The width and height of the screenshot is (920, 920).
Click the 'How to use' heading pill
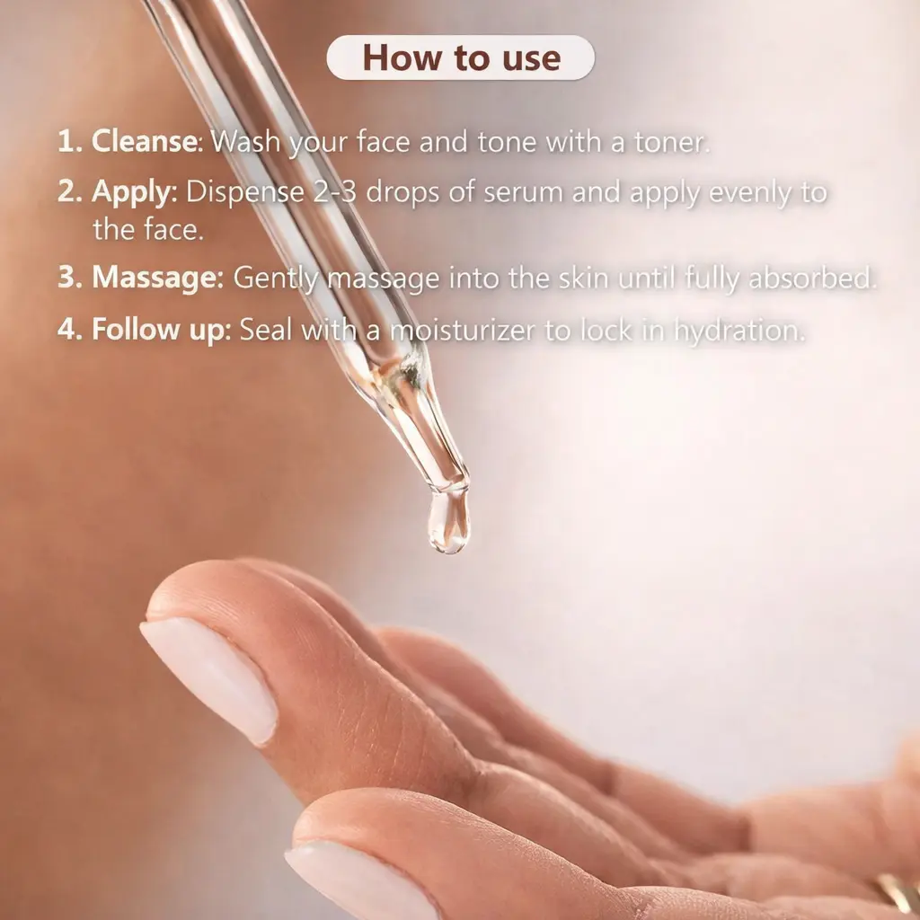pos(461,57)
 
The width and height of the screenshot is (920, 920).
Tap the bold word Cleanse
pos(145,141)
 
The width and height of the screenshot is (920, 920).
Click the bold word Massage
pos(155,279)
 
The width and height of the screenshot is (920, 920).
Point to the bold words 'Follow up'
pos(158,329)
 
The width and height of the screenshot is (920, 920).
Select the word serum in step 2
pos(524,193)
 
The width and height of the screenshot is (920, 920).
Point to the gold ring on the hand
pos(898,894)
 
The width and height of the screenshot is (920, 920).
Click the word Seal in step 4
pos(265,329)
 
